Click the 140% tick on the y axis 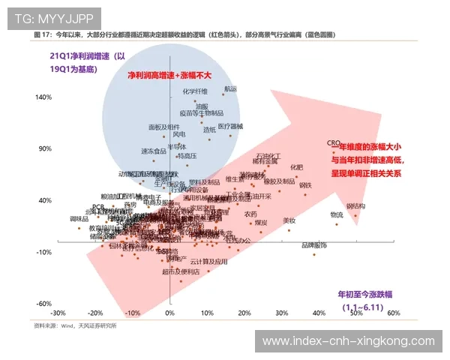(42, 97)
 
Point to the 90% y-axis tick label (43, 148)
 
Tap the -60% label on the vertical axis (43, 304)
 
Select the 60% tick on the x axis (392, 313)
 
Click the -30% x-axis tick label (57, 313)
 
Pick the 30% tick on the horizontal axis (281, 313)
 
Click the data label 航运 (229, 88)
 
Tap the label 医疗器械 (230, 126)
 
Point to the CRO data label (334, 142)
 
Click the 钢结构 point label (355, 205)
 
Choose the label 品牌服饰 (314, 245)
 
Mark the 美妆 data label (289, 220)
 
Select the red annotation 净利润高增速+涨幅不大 (169, 76)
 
